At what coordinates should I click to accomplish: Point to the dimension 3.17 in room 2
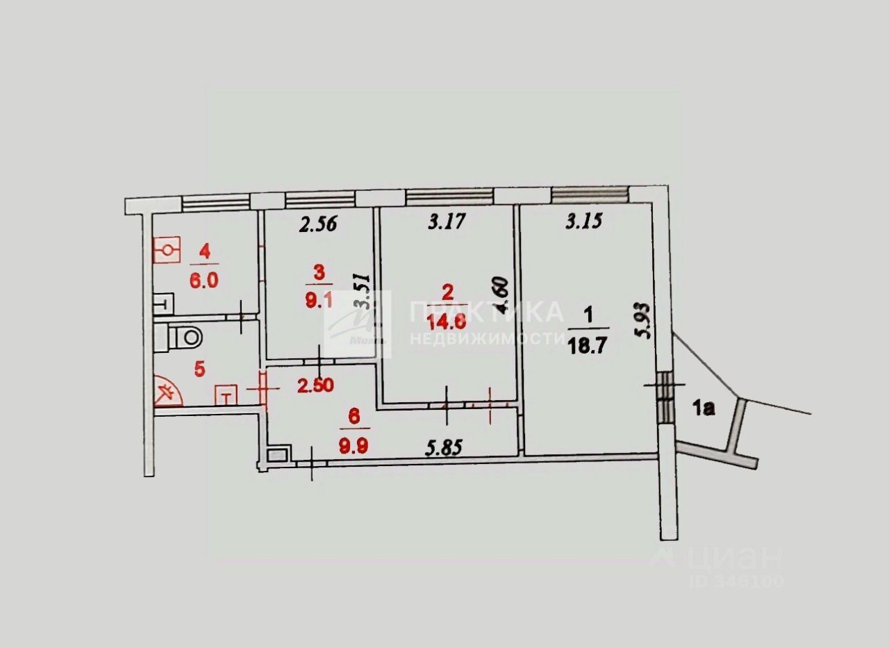446,222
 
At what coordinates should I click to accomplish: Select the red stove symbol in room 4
167,251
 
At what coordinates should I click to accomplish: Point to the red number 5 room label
200,368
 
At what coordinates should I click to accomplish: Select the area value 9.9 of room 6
354,446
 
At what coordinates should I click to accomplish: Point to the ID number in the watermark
736,581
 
